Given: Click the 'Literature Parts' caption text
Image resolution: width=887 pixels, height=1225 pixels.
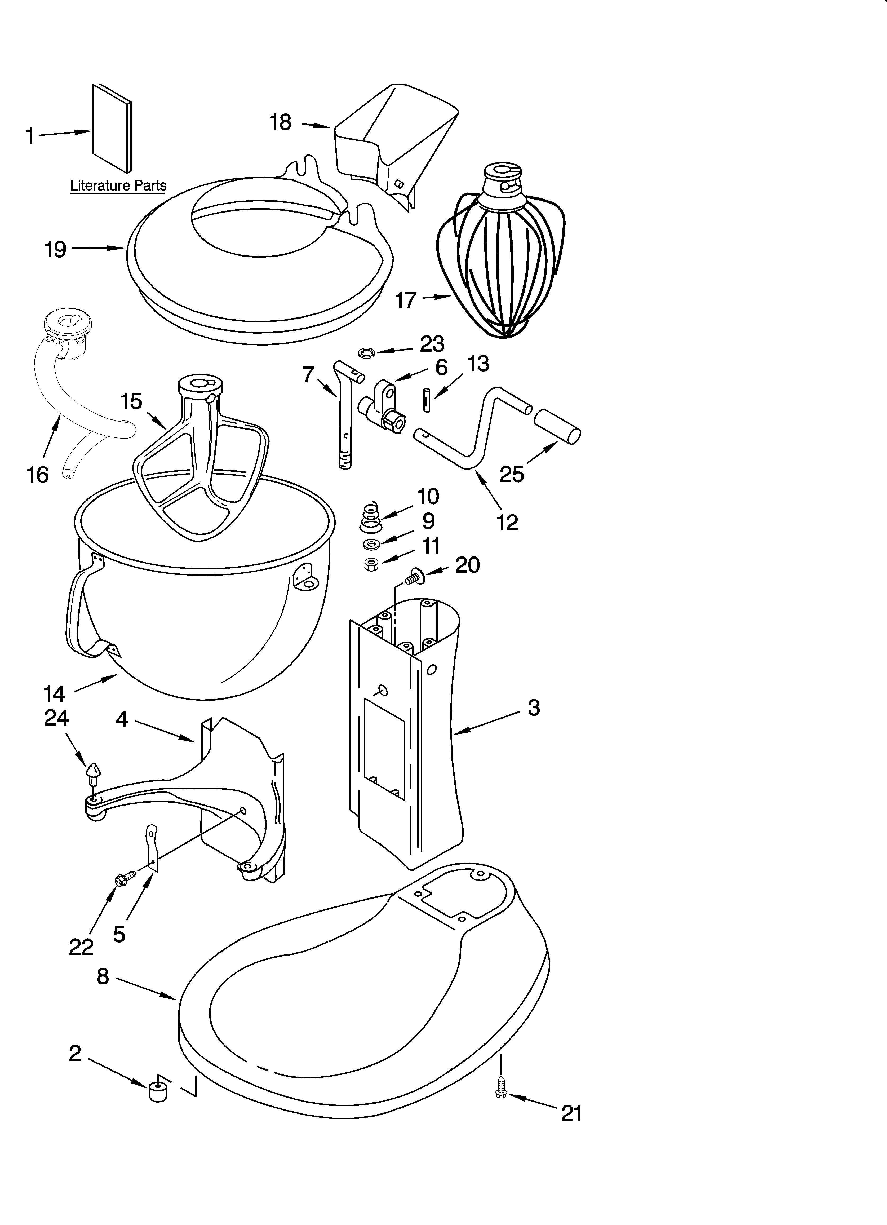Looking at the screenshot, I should coord(118,186).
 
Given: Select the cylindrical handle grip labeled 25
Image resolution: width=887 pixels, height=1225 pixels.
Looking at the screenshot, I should coord(557,427).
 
